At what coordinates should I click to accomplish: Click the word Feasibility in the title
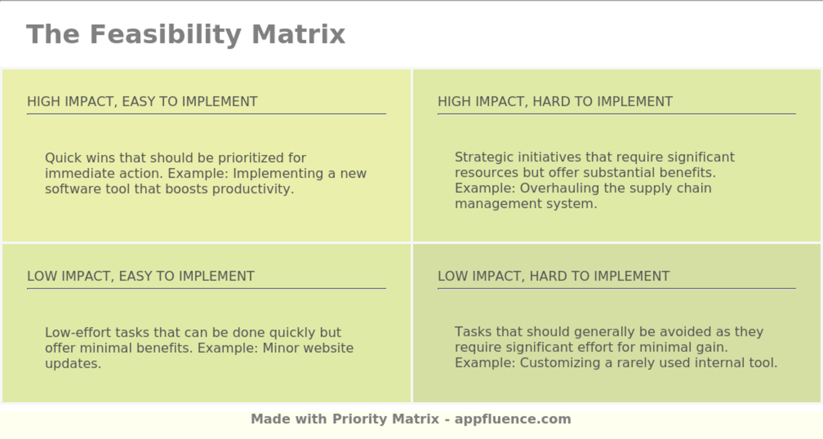(165, 34)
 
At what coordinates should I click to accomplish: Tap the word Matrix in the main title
(298, 34)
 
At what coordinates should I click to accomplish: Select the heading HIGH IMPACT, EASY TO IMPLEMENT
(142, 102)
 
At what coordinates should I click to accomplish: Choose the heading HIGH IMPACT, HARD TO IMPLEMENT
(555, 102)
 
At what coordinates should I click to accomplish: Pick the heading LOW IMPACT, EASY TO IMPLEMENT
(140, 276)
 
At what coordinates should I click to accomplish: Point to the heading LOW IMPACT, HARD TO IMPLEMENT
(553, 276)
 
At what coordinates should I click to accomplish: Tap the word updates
(73, 364)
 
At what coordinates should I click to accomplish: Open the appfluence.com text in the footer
(513, 419)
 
